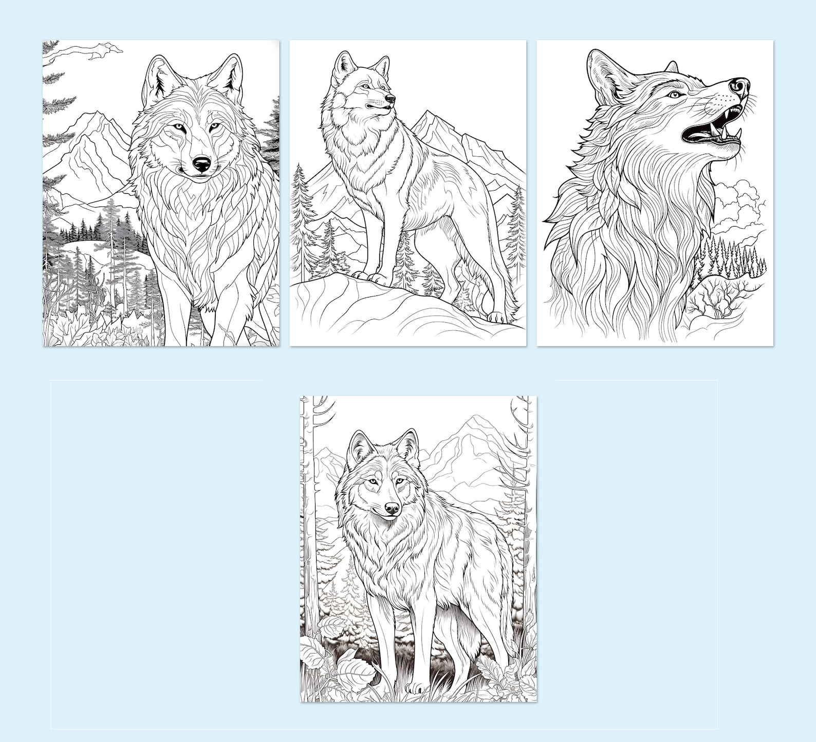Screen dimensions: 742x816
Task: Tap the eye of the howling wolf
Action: (675, 95)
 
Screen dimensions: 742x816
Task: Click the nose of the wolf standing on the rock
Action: (390, 98)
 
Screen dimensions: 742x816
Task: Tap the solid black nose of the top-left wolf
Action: (201, 164)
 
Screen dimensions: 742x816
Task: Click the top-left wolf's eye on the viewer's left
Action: (177, 126)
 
